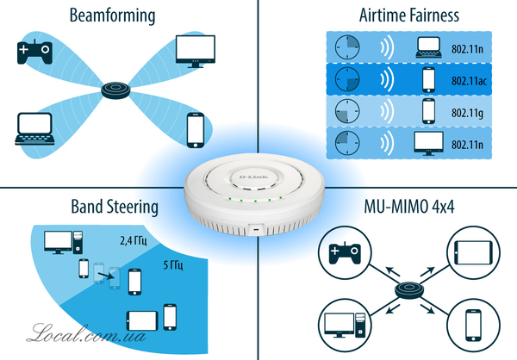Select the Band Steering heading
115,207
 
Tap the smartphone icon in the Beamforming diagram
195,129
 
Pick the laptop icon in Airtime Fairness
429,48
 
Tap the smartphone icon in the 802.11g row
429,111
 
